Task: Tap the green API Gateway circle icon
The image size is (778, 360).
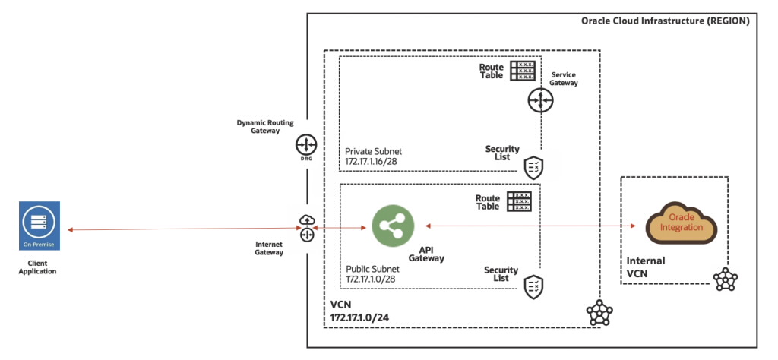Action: click(392, 226)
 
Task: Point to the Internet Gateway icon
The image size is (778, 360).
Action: click(307, 229)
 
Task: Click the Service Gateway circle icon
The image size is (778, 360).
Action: click(540, 99)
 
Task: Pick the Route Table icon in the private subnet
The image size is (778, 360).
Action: click(523, 71)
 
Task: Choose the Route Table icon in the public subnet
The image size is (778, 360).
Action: click(519, 201)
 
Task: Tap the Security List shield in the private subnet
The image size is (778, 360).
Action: click(533, 166)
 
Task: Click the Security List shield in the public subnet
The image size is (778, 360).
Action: click(533, 286)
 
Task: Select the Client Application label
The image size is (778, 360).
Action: click(38, 266)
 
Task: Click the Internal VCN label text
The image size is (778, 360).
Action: click(645, 266)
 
